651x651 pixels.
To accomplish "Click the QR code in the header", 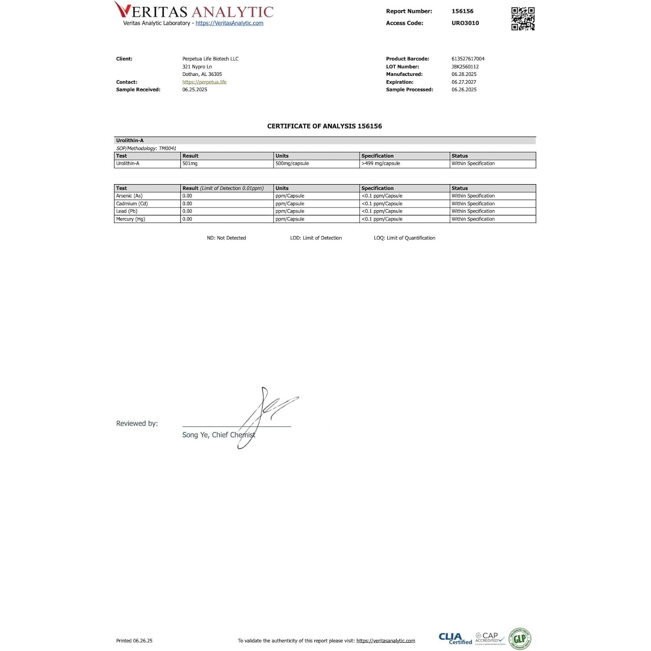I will [523, 19].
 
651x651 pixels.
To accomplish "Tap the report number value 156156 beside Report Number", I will [462, 11].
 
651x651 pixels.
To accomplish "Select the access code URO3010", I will [465, 23].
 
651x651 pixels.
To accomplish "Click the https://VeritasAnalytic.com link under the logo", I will [229, 23].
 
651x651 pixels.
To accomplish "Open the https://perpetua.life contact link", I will [204, 82].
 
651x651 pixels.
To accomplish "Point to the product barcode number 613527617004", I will [468, 59].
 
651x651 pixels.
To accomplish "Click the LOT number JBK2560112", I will [465, 67].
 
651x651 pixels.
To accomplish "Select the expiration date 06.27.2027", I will [464, 82].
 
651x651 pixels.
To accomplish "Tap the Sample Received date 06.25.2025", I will [194, 90].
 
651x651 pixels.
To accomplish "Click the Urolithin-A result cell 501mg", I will [190, 164].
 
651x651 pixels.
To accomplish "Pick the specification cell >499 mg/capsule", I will [381, 164].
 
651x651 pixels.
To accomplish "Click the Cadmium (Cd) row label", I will [132, 204].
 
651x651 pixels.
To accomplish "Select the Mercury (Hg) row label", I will [131, 219].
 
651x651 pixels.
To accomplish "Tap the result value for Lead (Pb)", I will [187, 211].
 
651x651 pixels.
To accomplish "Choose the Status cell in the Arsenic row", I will [473, 196].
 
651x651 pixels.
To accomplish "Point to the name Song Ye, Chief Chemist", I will [219, 435].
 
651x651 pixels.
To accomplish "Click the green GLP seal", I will [520, 638].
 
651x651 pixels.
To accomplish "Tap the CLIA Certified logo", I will [455, 638].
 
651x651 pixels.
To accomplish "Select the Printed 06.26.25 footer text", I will [134, 641].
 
